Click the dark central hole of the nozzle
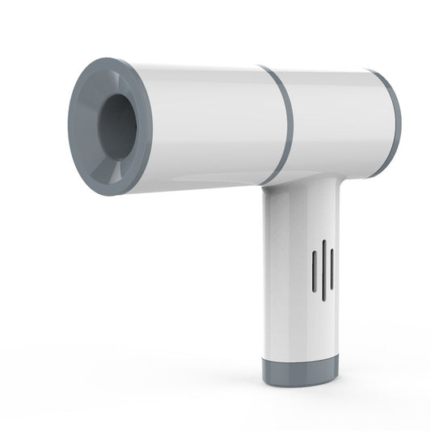[119, 127]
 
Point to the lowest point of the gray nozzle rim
[112, 195]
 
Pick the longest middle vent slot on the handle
[323, 270]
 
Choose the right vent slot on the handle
[332, 270]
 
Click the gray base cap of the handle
[300, 371]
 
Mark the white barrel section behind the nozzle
[206, 125]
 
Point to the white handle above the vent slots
[299, 214]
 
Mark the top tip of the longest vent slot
[323, 241]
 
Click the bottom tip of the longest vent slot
[323, 300]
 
